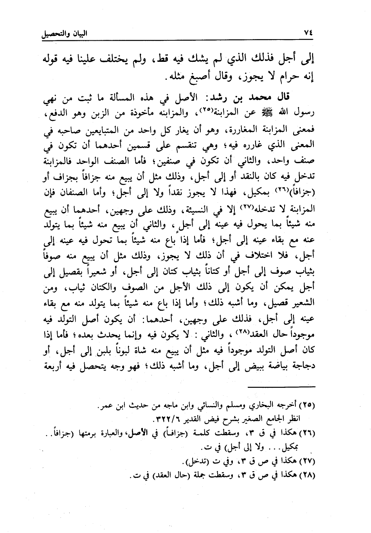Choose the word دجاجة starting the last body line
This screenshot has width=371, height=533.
(x=302, y=367)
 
